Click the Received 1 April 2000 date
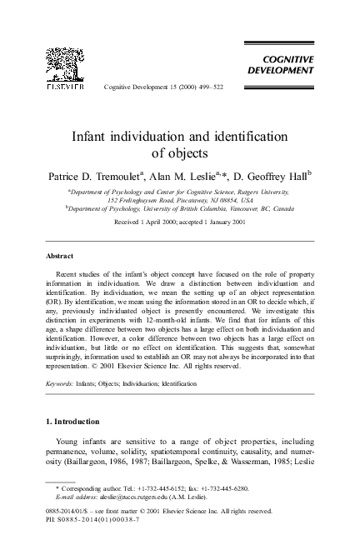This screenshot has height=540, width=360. click(x=151, y=224)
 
